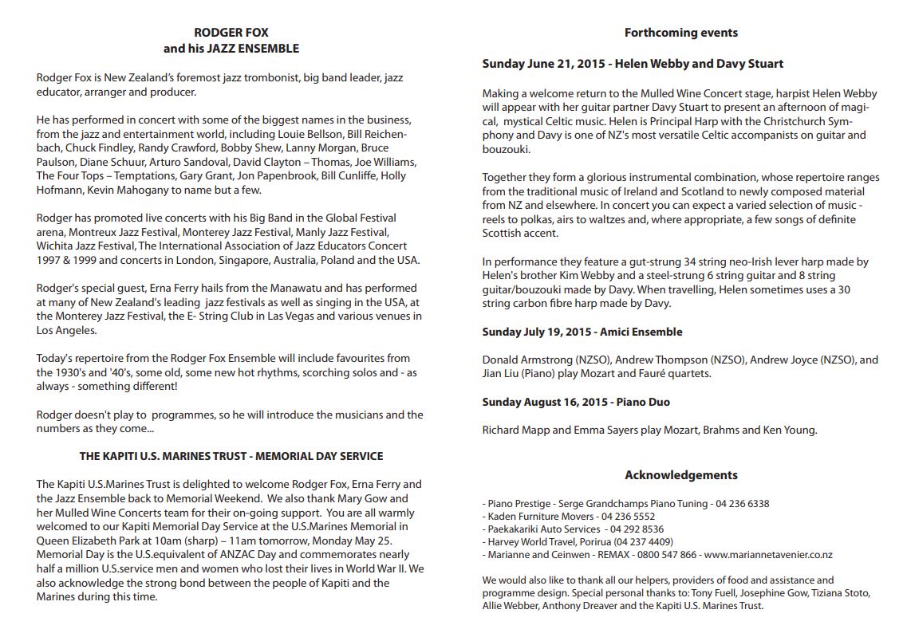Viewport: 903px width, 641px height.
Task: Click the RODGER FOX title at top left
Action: (x=231, y=33)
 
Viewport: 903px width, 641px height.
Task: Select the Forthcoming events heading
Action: (x=680, y=33)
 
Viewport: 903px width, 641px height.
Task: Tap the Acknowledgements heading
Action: (x=680, y=475)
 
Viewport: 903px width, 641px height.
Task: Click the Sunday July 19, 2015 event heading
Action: (x=582, y=332)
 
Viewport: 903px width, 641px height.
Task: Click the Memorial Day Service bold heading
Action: (x=231, y=457)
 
